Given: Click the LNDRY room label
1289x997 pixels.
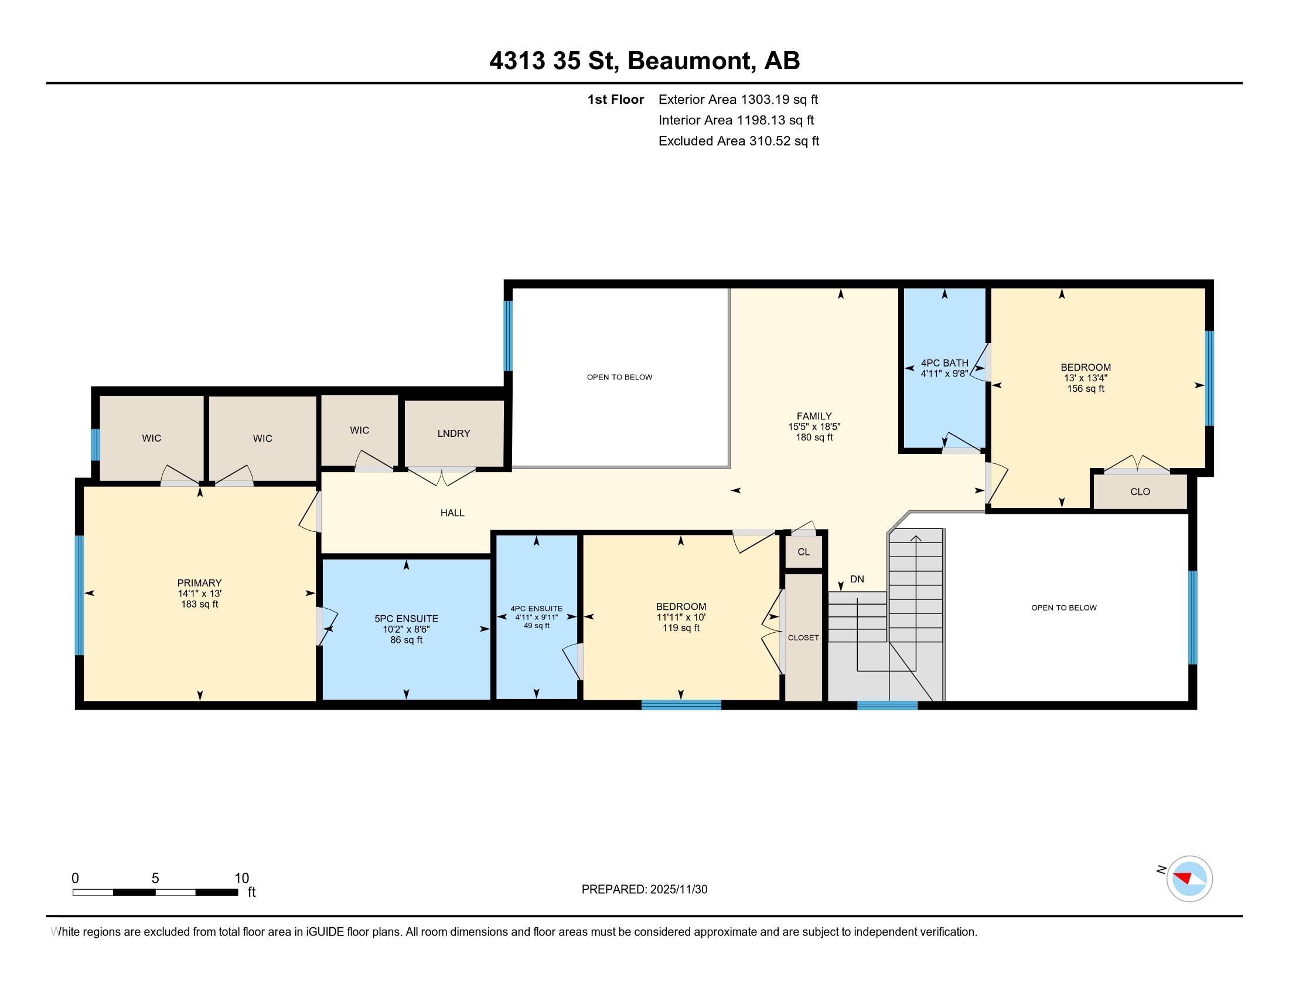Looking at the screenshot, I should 453,433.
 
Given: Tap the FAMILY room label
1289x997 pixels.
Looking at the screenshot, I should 814,416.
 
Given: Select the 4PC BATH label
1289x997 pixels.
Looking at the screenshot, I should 944,363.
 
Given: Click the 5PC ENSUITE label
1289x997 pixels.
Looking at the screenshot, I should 406,619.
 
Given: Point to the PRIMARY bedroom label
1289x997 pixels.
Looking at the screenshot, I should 199,583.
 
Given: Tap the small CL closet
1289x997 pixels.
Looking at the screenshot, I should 803,552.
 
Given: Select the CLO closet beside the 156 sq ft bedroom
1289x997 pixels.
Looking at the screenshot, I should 1140,492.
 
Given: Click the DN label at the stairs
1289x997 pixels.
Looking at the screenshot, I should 857,579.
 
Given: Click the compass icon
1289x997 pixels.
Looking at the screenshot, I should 1189,879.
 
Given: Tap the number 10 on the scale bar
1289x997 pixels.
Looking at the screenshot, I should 241,879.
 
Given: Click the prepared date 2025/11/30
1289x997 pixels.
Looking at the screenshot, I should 678,890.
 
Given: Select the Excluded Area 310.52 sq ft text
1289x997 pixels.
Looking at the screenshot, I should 738,141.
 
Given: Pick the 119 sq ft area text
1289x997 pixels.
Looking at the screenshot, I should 680,628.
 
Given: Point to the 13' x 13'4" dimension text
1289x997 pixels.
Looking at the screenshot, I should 1085,378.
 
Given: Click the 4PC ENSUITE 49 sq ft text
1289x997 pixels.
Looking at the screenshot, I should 537,626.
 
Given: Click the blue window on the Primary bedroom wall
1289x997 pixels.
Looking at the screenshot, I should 79,595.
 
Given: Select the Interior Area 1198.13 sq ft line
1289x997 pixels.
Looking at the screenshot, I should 736,120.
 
